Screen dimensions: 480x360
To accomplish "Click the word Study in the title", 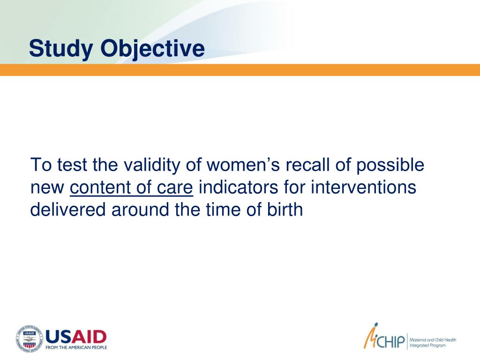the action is (61, 49).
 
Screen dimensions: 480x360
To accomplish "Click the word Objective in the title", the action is (152, 49).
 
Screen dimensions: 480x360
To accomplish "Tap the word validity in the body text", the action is (152, 165).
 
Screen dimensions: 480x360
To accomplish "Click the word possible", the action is (390, 165).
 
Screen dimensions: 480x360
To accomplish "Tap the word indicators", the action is (238, 187).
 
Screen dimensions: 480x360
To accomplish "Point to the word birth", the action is (285, 210).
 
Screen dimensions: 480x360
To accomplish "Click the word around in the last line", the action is (141, 210).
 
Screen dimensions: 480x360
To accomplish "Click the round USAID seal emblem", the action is (30, 338).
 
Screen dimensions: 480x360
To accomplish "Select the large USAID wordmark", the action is (76, 337).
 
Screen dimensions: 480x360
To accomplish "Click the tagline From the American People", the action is (76, 347).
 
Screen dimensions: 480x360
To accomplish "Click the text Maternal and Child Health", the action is (433, 340).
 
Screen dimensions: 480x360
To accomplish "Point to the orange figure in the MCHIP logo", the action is (370, 336).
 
